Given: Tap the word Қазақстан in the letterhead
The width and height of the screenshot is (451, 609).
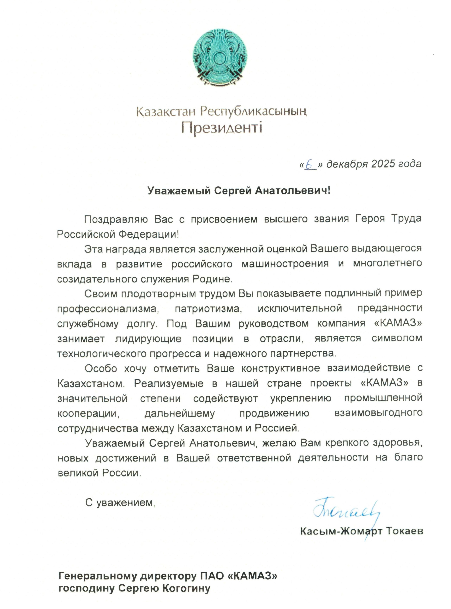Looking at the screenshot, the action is (x=167, y=112).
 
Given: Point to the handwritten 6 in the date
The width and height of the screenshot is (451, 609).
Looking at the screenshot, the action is (x=309, y=164).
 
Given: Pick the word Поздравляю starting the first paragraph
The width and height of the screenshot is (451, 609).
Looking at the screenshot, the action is (x=116, y=219).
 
